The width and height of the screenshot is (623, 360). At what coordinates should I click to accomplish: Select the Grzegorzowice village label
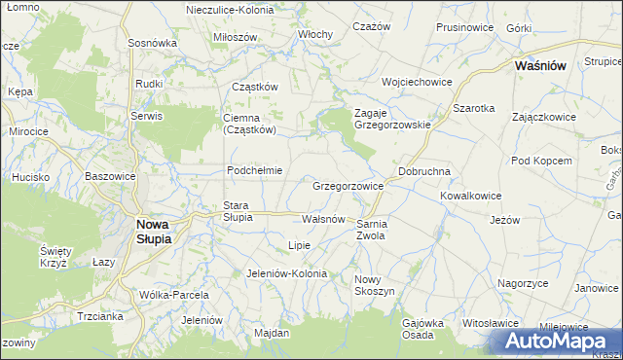tap(348, 185)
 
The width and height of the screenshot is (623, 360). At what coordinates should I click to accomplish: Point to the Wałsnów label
tap(323, 219)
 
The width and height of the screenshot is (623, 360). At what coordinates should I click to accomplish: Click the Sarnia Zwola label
tap(373, 230)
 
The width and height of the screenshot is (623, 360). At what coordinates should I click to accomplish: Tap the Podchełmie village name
tap(254, 170)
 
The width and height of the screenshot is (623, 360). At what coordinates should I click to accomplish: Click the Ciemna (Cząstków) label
tap(250, 123)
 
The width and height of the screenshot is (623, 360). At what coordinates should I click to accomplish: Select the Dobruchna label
tap(423, 171)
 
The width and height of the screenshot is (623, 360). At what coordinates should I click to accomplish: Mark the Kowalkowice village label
tap(470, 196)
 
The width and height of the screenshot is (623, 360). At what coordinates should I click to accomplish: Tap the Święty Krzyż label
tap(53, 257)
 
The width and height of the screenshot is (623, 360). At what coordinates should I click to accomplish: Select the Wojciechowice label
tap(418, 82)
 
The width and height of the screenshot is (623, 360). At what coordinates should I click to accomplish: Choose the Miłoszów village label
tap(235, 37)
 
